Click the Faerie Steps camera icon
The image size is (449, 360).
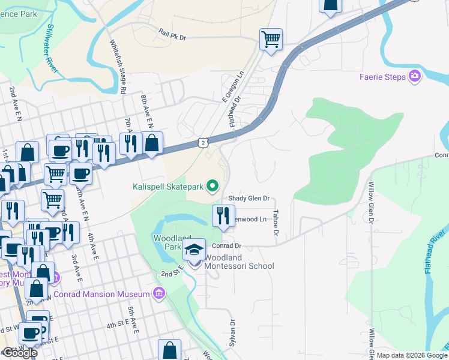tap(415, 76)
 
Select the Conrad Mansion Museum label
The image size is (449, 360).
tap(101, 294)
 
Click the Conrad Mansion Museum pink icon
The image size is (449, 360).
tap(158, 293)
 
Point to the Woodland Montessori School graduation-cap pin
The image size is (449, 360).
tap(194, 250)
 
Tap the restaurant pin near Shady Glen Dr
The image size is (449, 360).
tap(223, 216)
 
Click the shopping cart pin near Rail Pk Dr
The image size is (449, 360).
tap(271, 40)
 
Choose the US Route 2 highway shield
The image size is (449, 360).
tap(203, 142)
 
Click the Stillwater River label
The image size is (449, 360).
tap(52, 49)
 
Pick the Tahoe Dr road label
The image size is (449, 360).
tap(276, 222)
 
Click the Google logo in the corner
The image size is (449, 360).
tap(20, 353)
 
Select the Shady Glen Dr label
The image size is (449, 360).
tap(249, 199)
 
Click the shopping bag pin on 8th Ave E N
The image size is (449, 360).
tap(152, 143)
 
